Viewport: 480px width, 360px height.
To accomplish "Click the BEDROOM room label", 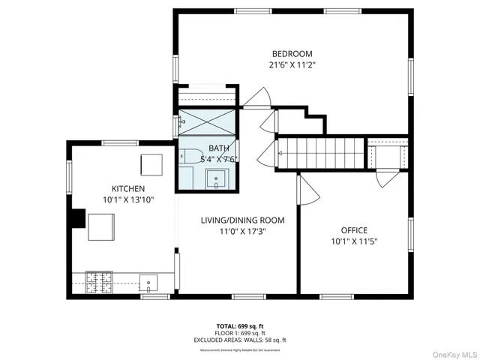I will click(292, 54).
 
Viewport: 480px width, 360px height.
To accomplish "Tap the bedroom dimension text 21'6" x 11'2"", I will click(292, 64).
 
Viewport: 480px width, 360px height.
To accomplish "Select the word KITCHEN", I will click(128, 188).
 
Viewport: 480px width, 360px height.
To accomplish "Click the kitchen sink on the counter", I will click(149, 283).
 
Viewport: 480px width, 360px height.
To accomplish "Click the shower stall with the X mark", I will click(208, 121).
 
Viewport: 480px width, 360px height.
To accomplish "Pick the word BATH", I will click(219, 148).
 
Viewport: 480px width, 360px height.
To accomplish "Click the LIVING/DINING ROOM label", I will click(242, 220).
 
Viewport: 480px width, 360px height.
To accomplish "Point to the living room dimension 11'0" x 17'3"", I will click(242, 231).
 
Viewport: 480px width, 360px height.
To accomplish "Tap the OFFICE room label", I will click(354, 230).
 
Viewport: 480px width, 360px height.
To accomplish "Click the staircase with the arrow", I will click(319, 152).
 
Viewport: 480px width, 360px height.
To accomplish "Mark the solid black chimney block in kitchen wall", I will click(75, 217).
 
